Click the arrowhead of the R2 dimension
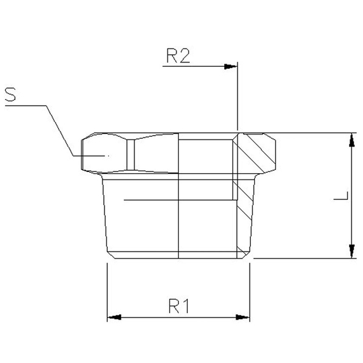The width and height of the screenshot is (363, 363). [x=232, y=66]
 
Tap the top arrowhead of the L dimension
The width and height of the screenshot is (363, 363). [x=351, y=139]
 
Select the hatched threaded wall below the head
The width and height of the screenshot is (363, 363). [x=242, y=210]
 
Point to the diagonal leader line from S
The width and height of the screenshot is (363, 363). [x=60, y=131]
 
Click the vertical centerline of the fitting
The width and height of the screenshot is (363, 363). [x=179, y=210]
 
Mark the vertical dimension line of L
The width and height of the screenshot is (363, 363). [x=351, y=191]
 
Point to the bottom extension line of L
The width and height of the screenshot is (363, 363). [x=306, y=259]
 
